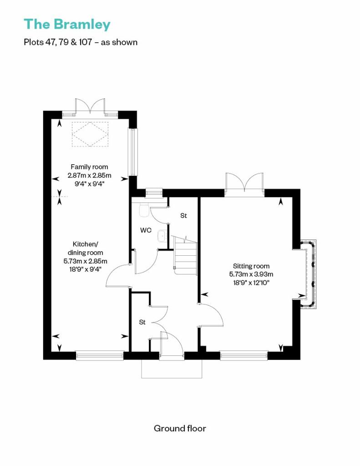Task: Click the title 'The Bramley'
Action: tap(67, 25)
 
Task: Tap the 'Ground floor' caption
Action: tap(180, 428)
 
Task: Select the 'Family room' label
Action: tap(89, 167)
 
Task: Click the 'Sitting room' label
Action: tap(251, 266)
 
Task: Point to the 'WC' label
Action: tap(146, 230)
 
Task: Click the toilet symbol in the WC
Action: tap(144, 210)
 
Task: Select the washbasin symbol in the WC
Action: tap(162, 236)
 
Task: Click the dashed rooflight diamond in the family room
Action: tap(90, 134)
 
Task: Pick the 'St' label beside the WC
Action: tap(183, 215)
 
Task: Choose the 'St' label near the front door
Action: tap(142, 322)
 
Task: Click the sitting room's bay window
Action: tap(308, 274)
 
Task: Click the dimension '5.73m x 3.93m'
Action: tap(251, 274)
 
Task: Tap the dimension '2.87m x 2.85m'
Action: tap(89, 175)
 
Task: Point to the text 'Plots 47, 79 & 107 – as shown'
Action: tap(81, 42)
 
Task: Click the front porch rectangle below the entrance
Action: tap(172, 369)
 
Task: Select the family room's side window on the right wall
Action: tap(133, 151)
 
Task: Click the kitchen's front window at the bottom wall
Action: tap(100, 356)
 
